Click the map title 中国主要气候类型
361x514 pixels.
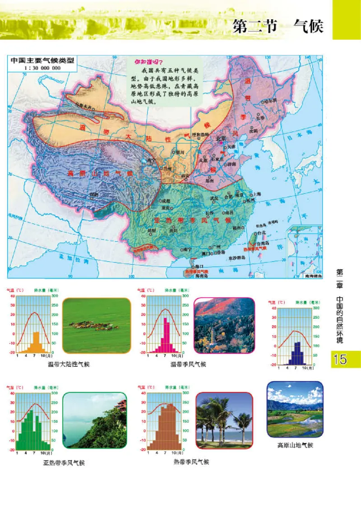(42, 61)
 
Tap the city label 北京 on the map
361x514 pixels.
(221, 139)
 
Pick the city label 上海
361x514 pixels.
(257, 194)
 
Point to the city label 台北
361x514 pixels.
(262, 233)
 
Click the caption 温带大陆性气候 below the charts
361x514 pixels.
(69, 364)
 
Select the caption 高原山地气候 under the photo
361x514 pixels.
(295, 445)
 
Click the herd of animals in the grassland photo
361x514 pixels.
(93, 325)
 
